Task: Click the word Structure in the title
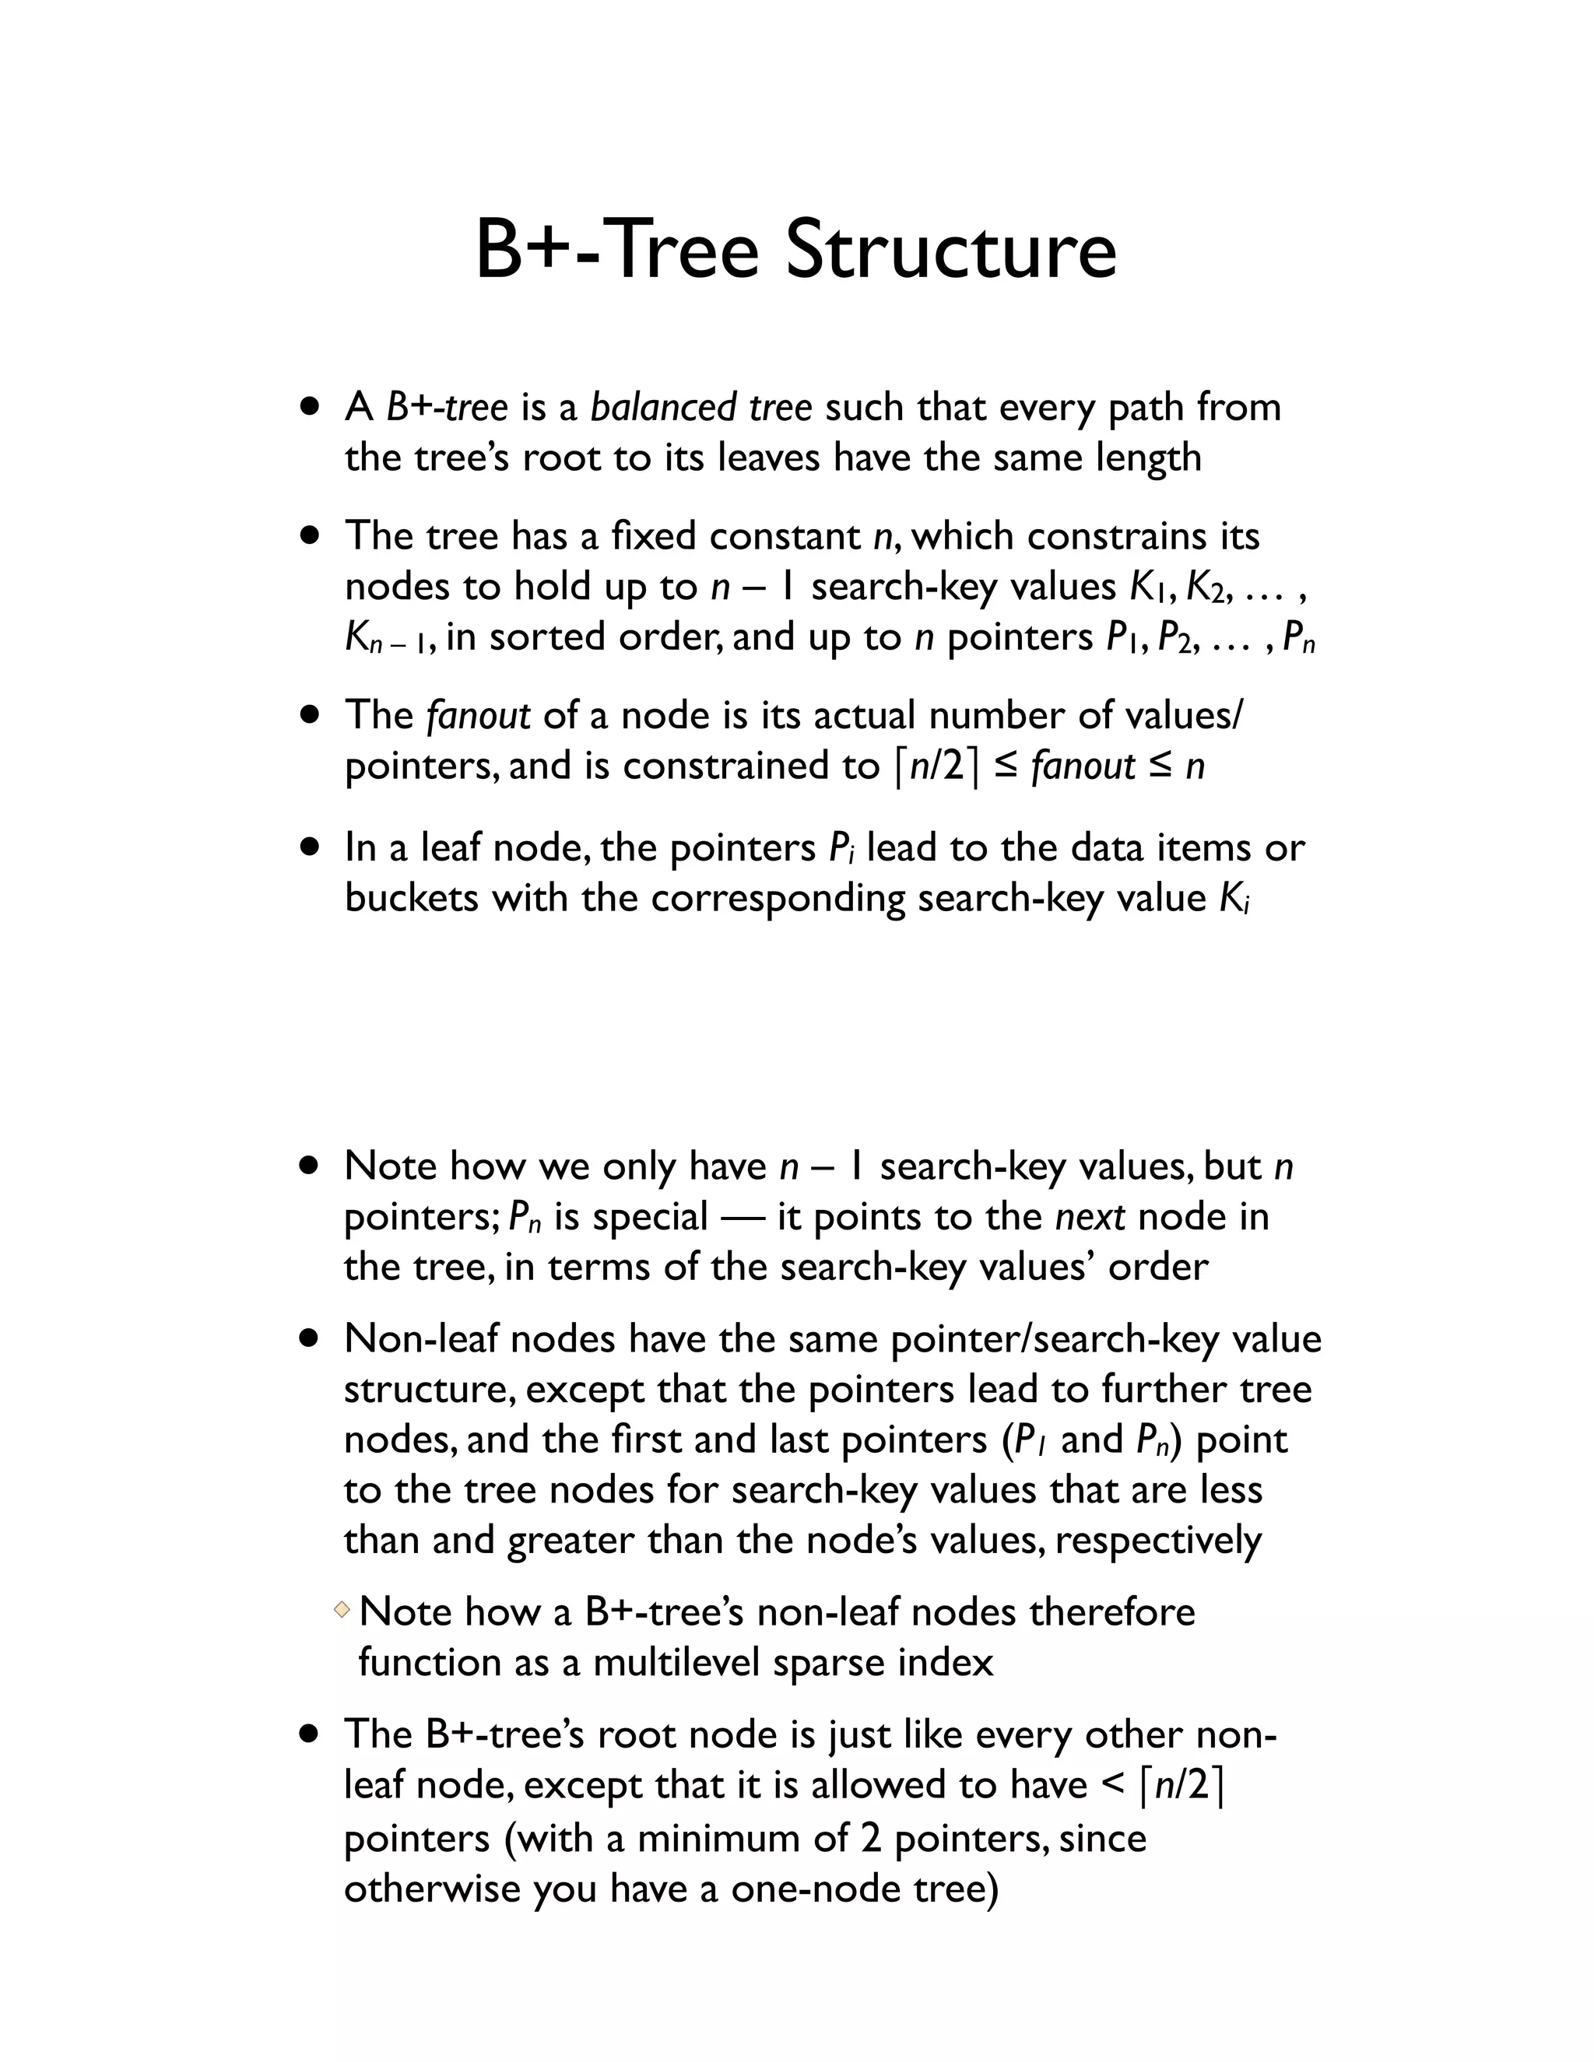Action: click(x=951, y=251)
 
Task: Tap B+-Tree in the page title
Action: click(x=616, y=251)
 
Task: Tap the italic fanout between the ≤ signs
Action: click(x=1083, y=766)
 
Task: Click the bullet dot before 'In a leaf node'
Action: click(x=309, y=847)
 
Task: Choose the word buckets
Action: click(x=412, y=898)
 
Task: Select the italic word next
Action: click(x=1090, y=1217)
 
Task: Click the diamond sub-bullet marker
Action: click(x=342, y=1606)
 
